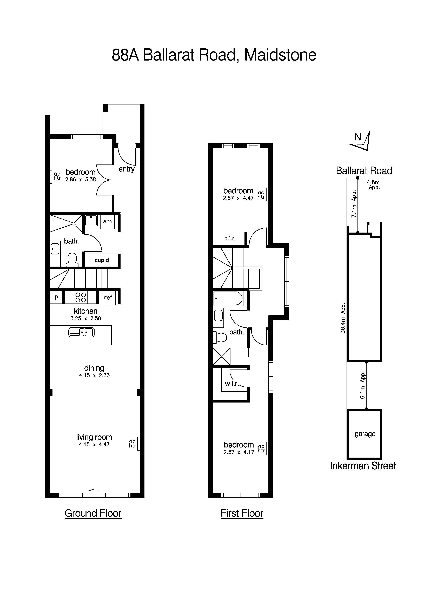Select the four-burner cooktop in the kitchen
[81, 297]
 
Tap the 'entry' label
[127, 169]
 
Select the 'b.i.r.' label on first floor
[230, 238]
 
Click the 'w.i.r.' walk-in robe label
[232, 384]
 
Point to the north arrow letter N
[358, 137]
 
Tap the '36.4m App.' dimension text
[343, 318]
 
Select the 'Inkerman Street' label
[363, 466]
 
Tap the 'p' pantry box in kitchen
[56, 297]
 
